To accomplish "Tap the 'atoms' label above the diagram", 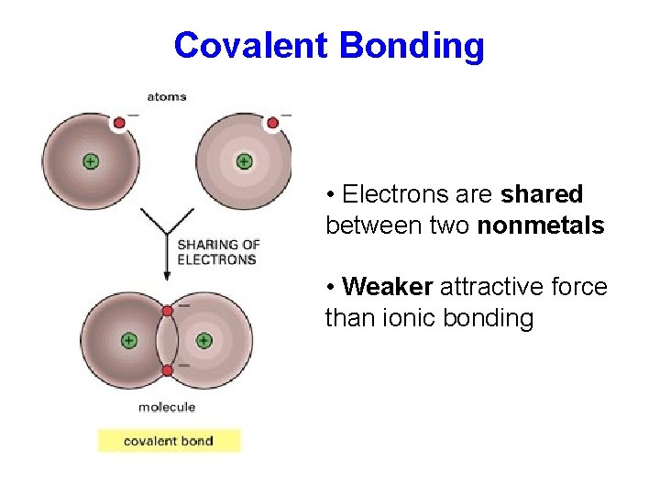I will click(166, 96).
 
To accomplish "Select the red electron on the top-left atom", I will click(118, 123).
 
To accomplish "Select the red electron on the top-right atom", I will click(272, 123).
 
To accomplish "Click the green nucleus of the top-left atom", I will click(90, 161).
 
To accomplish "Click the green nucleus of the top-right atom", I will click(244, 161).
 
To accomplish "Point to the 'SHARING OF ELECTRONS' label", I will click(217, 252).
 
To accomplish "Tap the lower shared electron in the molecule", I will click(167, 370).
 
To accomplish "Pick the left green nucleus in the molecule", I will click(128, 340).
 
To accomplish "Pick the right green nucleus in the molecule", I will click(203, 340).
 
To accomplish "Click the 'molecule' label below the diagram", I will click(167, 407).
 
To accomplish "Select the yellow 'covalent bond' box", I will click(169, 441).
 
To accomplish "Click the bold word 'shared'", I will click(542, 194).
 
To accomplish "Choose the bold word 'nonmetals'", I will click(541, 225).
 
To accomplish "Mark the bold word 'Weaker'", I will click(387, 287).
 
